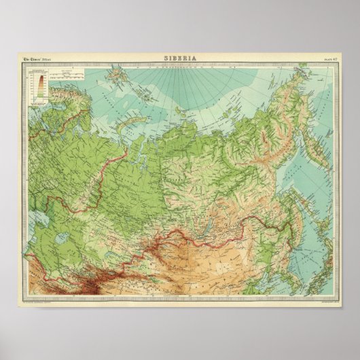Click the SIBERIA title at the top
179,58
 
